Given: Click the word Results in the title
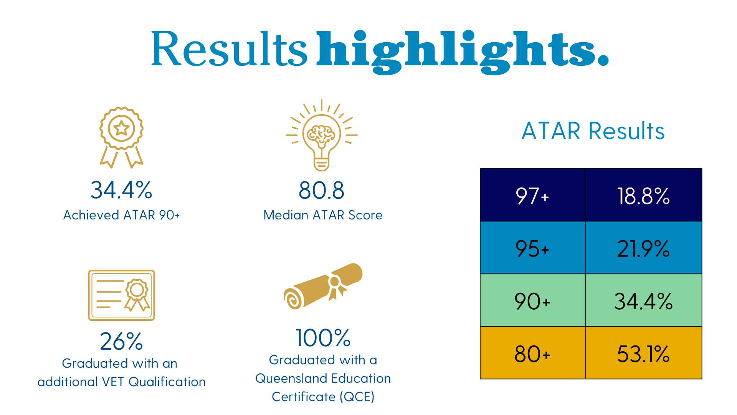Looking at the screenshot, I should click(229, 49).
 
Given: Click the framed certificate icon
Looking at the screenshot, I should click(121, 295).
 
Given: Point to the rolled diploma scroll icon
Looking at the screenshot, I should click(323, 286).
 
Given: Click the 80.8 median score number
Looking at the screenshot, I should click(322, 190).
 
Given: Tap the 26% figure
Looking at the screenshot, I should click(121, 341).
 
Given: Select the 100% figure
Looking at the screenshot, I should click(323, 338).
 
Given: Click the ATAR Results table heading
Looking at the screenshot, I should click(593, 131).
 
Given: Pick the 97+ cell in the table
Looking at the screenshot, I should click(532, 195).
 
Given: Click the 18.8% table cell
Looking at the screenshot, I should click(643, 195).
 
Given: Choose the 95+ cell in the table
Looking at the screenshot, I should click(532, 248).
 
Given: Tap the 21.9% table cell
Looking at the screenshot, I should click(643, 248).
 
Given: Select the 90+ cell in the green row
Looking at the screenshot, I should click(532, 301).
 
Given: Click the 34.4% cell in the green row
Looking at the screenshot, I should click(643, 301).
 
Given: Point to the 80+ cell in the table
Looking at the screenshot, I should click(532, 354).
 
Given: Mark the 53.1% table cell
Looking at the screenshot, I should click(643, 354).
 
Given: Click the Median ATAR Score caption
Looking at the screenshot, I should click(323, 215).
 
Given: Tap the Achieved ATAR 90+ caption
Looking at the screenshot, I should click(121, 215).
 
